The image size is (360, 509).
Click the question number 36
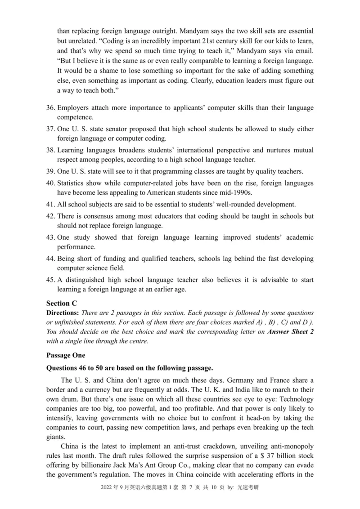(x=51, y=108)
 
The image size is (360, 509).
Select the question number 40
(x=51, y=183)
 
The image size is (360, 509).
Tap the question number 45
(x=51, y=280)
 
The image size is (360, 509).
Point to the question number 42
(x=51, y=216)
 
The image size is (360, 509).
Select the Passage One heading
(x=66, y=355)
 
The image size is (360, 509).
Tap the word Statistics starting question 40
(x=72, y=183)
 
